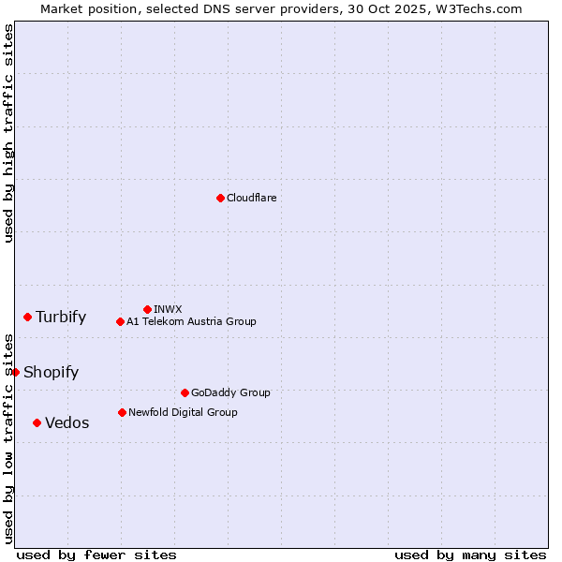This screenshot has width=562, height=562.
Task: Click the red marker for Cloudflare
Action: click(220, 198)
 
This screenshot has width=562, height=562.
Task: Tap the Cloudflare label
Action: click(252, 198)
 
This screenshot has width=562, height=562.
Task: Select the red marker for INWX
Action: click(147, 309)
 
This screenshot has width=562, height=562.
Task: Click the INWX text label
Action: click(168, 309)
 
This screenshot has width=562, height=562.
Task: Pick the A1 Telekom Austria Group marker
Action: click(120, 321)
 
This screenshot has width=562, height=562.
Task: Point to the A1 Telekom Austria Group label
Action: click(191, 321)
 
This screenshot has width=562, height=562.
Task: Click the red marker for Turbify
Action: click(28, 317)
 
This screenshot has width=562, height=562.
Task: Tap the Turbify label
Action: click(61, 317)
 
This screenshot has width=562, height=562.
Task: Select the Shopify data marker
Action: click(16, 372)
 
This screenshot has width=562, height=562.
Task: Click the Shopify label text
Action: click(51, 372)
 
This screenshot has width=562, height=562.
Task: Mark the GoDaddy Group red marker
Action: click(185, 392)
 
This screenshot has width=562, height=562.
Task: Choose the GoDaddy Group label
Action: click(230, 392)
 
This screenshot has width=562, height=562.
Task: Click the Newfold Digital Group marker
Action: click(122, 412)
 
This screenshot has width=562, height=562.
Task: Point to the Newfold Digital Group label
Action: click(183, 412)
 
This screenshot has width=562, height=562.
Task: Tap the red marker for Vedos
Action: click(37, 422)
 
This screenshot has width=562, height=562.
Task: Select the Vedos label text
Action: click(67, 422)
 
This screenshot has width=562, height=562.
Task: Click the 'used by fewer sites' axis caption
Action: click(96, 555)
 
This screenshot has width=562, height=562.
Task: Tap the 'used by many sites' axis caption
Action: click(470, 555)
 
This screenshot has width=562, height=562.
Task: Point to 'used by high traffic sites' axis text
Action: click(8, 133)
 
